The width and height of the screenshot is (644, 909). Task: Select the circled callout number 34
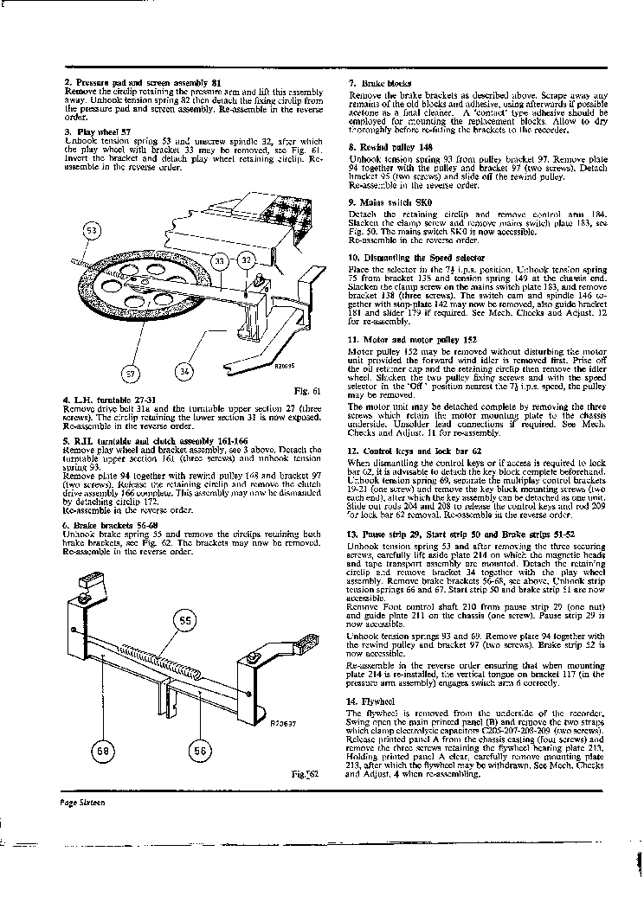[184, 373]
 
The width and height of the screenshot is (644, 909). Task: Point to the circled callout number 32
[245, 259]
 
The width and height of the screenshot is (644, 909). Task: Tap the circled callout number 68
[103, 751]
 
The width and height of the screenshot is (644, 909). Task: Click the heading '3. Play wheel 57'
[98, 131]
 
